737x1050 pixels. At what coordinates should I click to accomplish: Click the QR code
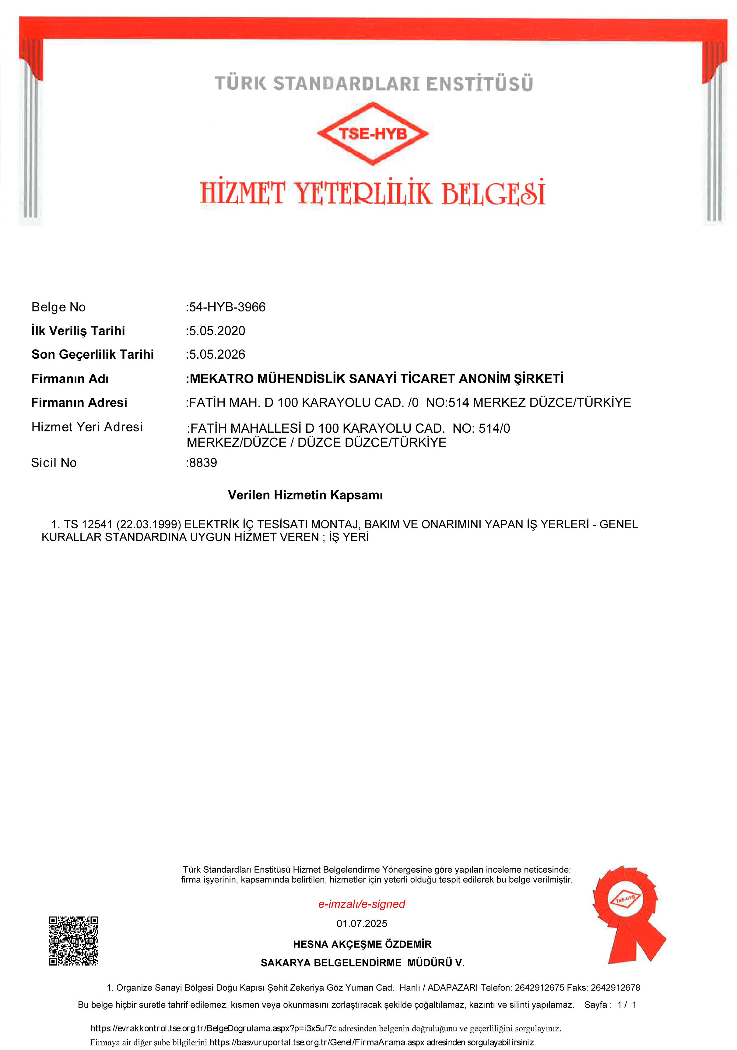click(x=74, y=941)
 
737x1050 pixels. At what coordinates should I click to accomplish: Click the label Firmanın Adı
click(x=70, y=379)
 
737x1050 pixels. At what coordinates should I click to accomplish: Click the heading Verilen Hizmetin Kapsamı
click(x=305, y=495)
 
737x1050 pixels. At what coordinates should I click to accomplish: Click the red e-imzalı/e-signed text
click(x=361, y=904)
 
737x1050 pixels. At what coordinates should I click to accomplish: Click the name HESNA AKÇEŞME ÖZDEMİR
click(x=362, y=944)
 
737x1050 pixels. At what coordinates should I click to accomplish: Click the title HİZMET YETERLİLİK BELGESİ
click(x=372, y=193)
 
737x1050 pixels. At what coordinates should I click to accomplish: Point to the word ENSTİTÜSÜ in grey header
click(x=479, y=84)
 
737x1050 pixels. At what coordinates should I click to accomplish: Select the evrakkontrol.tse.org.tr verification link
click(x=213, y=1028)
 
